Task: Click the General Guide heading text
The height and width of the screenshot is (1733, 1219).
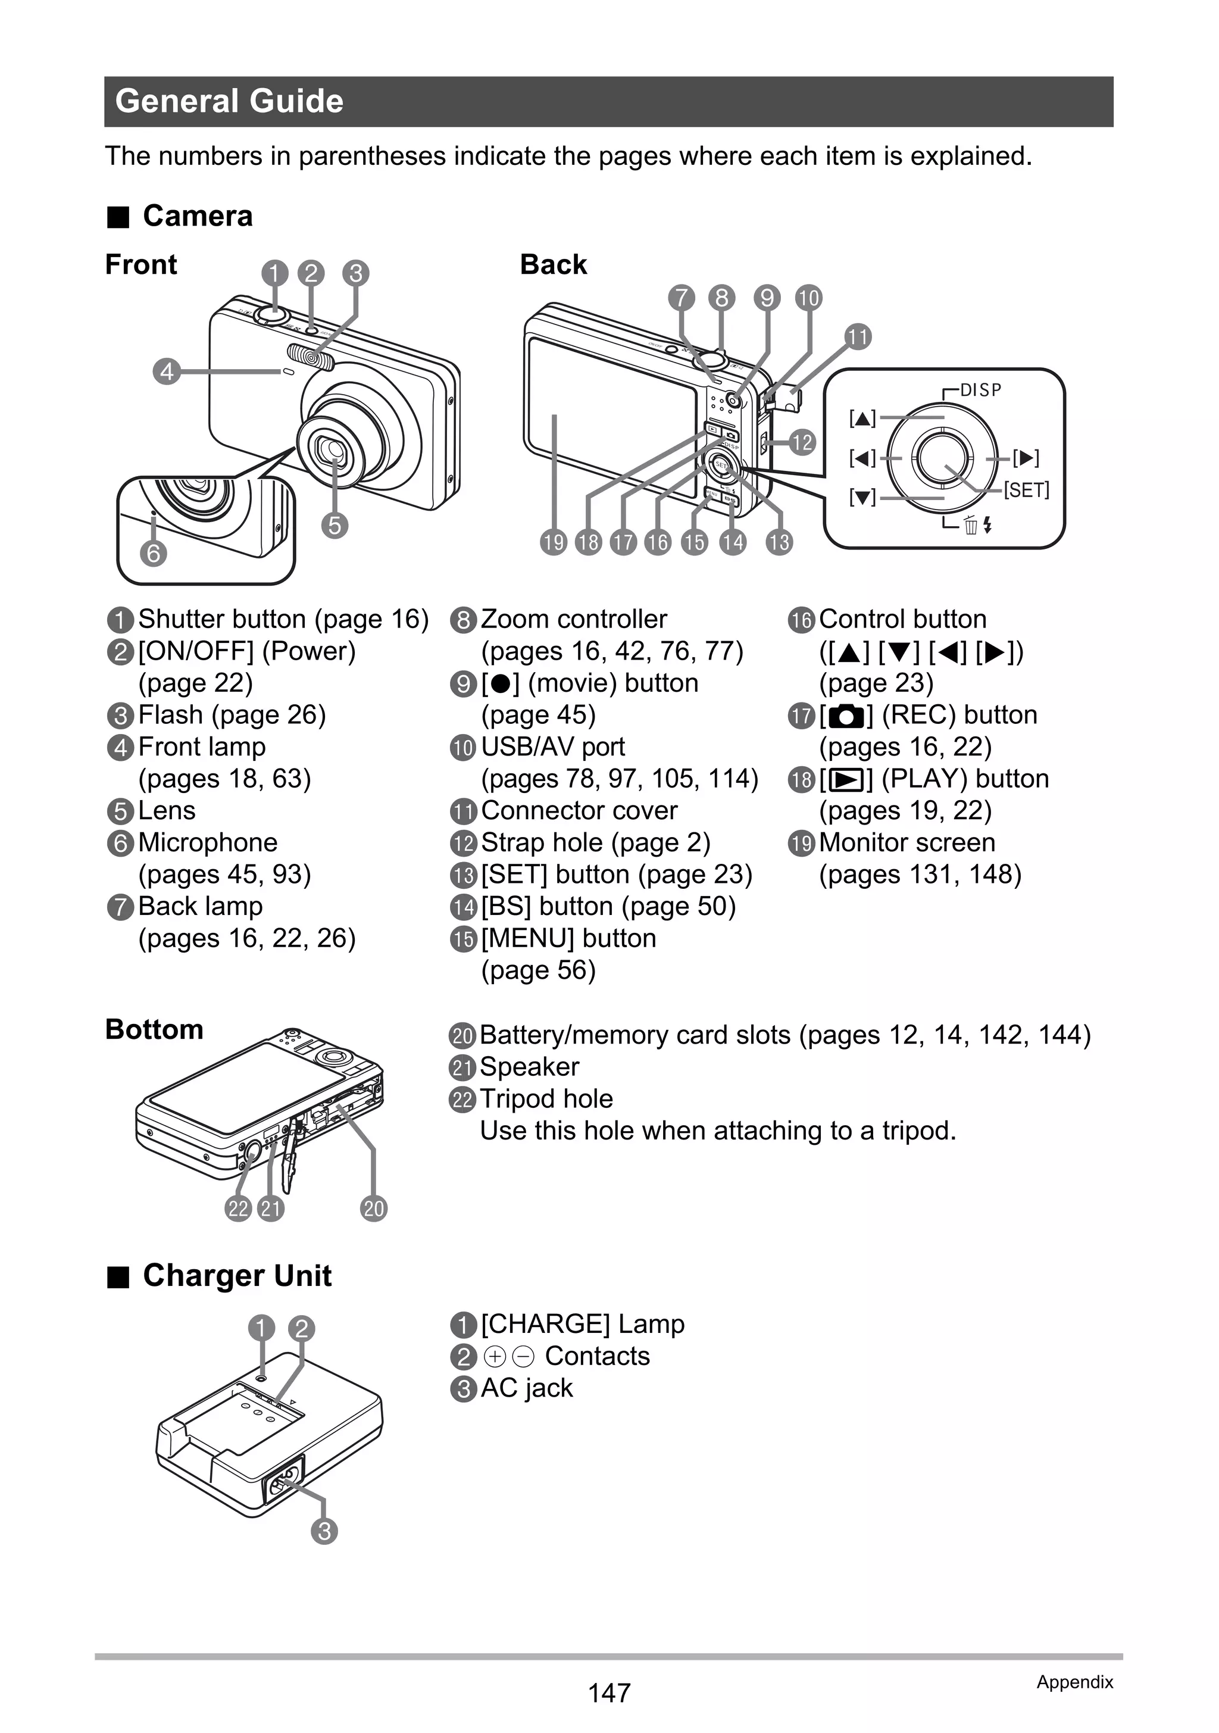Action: pyautogui.click(x=230, y=101)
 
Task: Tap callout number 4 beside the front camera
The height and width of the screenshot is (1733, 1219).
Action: pyautogui.click(x=167, y=371)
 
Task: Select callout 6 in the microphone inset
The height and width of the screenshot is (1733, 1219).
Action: pyautogui.click(x=153, y=553)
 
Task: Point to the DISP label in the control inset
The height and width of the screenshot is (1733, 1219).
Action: pyautogui.click(x=980, y=390)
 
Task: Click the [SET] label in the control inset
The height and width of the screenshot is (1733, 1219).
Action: pyautogui.click(x=1026, y=490)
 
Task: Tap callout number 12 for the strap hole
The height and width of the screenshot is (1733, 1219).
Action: pyautogui.click(x=802, y=442)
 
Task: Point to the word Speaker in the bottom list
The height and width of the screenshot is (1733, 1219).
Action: pyautogui.click(x=529, y=1066)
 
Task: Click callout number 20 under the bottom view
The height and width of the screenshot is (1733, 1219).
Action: pyautogui.click(x=374, y=1209)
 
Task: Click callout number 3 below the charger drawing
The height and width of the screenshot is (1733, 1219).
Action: pyautogui.click(x=324, y=1531)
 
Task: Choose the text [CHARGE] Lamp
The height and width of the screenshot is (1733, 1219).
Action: pyautogui.click(x=582, y=1324)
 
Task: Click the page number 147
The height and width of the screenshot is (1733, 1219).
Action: pyautogui.click(x=609, y=1693)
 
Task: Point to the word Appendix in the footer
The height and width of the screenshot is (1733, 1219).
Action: pyautogui.click(x=1074, y=1682)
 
